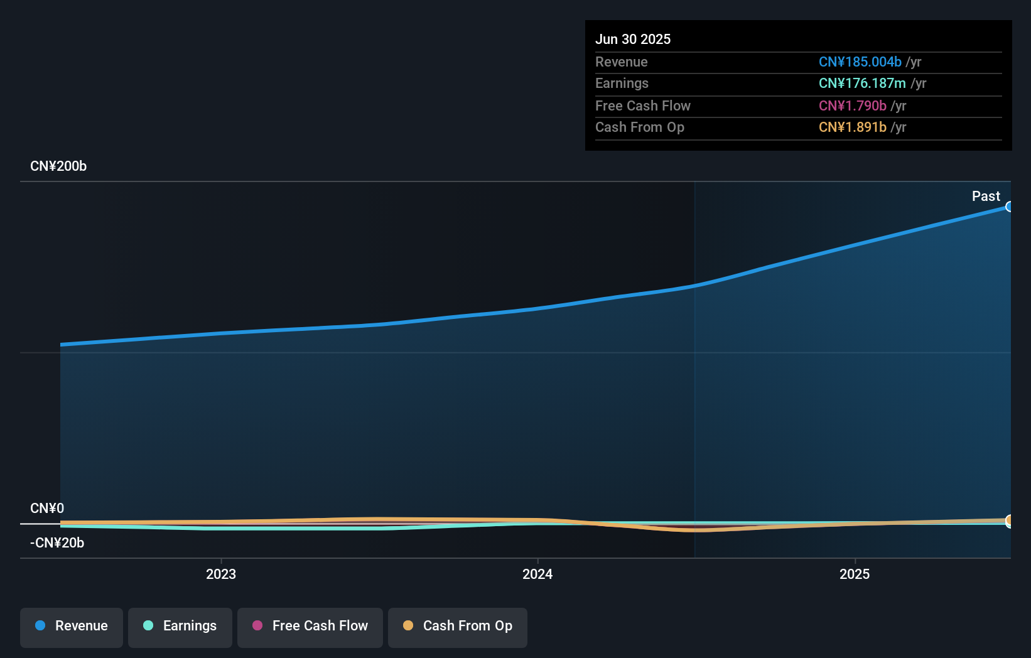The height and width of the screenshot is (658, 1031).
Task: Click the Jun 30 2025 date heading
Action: pos(632,39)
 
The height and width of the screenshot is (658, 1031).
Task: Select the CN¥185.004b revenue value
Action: pos(860,62)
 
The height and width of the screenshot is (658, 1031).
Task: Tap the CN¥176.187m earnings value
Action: pos(861,83)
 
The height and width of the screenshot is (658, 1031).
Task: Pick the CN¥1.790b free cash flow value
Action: pos(852,105)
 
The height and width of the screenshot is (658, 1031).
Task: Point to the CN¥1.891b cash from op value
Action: pos(852,127)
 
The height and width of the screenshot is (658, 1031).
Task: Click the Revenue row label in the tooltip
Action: pos(621,62)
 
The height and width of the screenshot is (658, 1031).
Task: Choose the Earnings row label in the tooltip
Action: pos(622,83)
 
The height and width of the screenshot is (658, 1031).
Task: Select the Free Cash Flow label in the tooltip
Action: pos(642,105)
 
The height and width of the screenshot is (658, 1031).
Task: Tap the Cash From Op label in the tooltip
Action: pos(639,127)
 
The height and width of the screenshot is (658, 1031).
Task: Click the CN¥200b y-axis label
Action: pos(58,166)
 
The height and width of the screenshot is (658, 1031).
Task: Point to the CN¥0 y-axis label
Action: pos(47,508)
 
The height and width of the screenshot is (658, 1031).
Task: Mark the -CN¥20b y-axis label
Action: pos(57,542)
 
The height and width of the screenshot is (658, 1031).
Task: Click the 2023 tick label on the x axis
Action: pos(221,574)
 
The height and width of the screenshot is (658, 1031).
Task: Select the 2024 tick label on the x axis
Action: pos(537,574)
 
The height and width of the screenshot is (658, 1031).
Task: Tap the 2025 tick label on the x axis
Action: pos(855,574)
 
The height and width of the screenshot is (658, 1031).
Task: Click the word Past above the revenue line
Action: pos(986,196)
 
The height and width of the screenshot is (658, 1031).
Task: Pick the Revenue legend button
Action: pos(72,626)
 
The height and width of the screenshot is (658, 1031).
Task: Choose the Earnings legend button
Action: pos(180,626)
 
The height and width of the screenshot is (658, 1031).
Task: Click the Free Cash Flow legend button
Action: pos(310,626)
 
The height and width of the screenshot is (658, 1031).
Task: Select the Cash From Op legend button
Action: pos(458,626)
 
